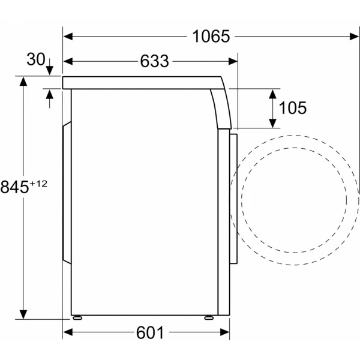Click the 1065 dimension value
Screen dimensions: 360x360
coord(211,36)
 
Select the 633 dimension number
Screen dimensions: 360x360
coord(155,61)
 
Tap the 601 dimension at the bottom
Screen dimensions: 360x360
coord(150,332)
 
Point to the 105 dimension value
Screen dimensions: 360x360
coord(293,107)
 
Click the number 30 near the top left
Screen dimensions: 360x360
coord(36,59)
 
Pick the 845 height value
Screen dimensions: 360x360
coord(14,187)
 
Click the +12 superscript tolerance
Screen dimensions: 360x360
coord(38,184)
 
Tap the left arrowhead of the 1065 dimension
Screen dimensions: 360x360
coord(68,36)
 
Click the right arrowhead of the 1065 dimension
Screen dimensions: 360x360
coord(354,36)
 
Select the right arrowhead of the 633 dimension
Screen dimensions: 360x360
coord(233,61)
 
